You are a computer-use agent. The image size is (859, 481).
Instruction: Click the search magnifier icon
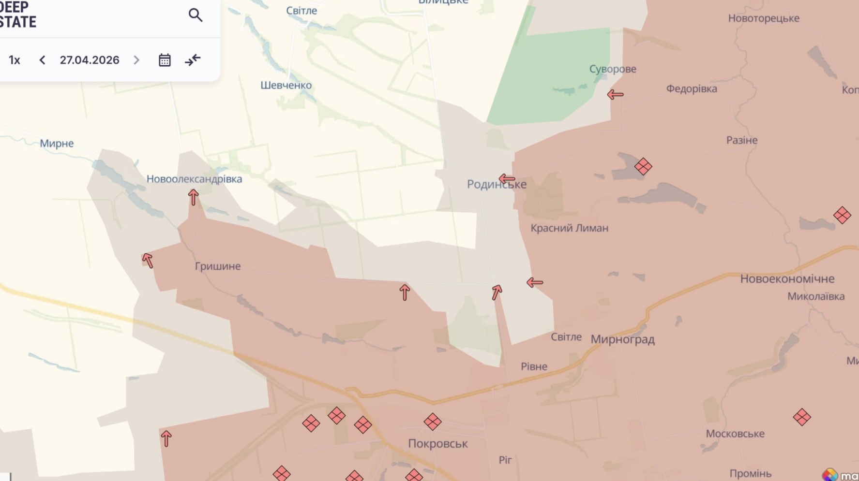pos(195,15)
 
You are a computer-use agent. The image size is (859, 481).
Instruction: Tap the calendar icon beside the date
pos(165,60)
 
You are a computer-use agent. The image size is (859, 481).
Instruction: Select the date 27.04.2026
pos(90,60)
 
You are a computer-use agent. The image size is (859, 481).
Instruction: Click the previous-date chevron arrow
pos(43,60)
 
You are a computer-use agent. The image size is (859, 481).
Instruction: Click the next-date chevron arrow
pos(136,60)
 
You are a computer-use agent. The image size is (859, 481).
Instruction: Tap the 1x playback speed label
pos(15,60)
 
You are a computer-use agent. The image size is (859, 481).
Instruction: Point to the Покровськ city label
pos(437,443)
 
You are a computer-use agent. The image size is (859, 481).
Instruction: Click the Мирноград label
pos(622,339)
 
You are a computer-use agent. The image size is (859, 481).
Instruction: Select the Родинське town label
pos(496,184)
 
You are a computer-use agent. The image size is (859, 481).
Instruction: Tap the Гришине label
pos(217,266)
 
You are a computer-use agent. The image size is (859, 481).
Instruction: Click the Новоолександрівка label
pos(194,179)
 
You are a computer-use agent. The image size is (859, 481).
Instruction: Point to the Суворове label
pos(612,69)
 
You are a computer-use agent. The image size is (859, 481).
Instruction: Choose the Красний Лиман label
pos(569,228)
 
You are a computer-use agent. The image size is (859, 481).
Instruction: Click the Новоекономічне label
pos(787,278)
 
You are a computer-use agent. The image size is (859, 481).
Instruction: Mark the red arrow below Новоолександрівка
pos(193,197)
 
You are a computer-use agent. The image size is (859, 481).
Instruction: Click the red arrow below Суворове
pos(615,94)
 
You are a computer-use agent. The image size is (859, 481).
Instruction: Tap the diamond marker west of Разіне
pos(643,166)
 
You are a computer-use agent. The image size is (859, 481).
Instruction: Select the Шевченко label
pos(286,85)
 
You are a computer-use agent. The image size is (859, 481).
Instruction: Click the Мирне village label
pos(57,143)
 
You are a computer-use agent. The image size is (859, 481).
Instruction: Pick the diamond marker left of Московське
pos(801,417)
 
